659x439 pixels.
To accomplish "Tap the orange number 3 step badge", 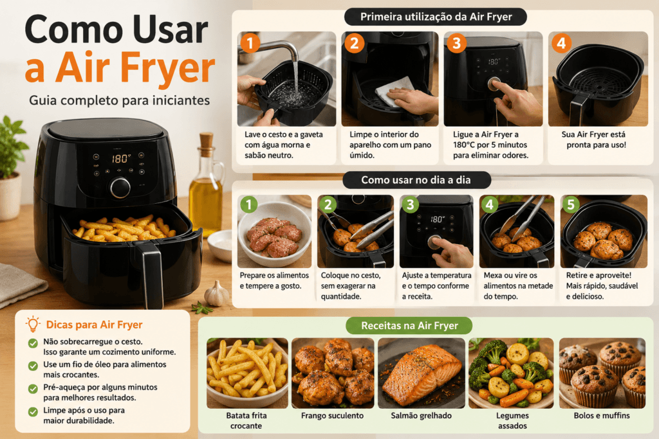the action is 456,43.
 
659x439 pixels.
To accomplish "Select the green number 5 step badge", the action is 570,204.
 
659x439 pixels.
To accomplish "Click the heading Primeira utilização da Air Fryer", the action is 436,17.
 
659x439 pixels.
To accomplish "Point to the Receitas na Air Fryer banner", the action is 409,326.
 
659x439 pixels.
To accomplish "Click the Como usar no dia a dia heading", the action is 416,180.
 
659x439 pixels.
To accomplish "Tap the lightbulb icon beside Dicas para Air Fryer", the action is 32,324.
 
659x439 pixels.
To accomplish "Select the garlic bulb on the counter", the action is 217,293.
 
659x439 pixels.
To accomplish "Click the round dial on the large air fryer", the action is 120,188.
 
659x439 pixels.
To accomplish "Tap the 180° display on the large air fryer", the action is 121,158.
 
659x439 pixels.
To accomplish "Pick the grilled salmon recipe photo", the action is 422,373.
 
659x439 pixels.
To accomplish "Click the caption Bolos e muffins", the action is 602,415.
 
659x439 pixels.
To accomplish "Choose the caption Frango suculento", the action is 332,415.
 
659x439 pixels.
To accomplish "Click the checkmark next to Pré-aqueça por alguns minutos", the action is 33,389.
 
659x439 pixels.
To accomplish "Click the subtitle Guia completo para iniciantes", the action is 119,101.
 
